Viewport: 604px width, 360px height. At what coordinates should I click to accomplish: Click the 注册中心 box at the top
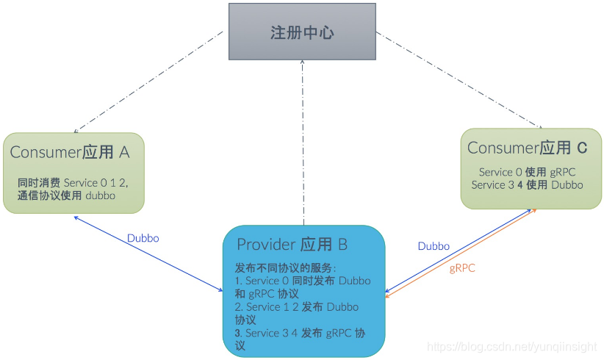[x=301, y=32]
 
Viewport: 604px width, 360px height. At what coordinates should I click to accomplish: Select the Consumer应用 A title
[x=70, y=152]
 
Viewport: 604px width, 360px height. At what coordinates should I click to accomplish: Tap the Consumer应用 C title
[x=527, y=148]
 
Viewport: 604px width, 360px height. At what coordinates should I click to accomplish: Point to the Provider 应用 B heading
[x=292, y=244]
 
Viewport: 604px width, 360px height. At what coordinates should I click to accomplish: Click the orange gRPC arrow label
[x=462, y=268]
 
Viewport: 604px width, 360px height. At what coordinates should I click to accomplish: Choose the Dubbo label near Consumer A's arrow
[x=143, y=238]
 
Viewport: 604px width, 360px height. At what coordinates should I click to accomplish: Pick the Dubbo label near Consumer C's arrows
[x=434, y=246]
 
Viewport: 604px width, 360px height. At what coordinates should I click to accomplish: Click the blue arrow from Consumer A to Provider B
[x=147, y=253]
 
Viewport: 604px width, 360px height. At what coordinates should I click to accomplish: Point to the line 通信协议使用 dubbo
[x=66, y=195]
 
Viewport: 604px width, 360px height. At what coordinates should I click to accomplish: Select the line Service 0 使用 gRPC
[x=527, y=172]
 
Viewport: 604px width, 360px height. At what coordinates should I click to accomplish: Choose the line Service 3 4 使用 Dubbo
[x=527, y=184]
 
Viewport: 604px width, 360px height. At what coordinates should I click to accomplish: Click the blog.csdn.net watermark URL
[x=512, y=346]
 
